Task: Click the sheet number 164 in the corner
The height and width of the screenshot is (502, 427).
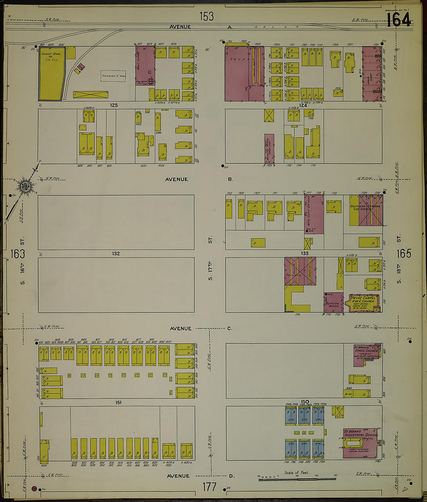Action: tap(398, 19)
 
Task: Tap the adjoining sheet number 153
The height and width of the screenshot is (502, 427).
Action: tap(207, 16)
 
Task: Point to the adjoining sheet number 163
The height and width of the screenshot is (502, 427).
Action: tap(17, 254)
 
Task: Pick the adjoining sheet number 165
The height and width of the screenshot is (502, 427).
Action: tap(404, 253)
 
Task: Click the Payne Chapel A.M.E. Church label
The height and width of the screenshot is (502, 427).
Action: tap(363, 300)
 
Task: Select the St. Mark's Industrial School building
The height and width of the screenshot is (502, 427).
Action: tap(359, 443)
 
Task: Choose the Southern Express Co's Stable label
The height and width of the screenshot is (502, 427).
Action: tap(361, 208)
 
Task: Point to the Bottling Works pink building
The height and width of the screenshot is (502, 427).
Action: tap(333, 303)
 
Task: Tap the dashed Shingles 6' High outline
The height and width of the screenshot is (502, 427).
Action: tap(113, 76)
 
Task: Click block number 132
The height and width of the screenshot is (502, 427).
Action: tap(116, 253)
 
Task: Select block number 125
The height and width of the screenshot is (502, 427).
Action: tap(113, 105)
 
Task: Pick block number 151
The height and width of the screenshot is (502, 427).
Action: tap(118, 403)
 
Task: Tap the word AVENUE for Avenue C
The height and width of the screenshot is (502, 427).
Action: tap(180, 328)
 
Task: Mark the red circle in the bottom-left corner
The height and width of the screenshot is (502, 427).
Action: tap(34, 488)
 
